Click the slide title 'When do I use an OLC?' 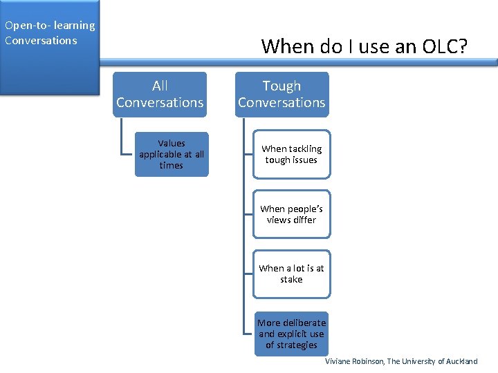click(x=365, y=46)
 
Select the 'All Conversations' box click(x=160, y=94)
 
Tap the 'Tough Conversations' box click(x=282, y=94)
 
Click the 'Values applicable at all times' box click(x=171, y=154)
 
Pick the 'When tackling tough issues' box click(x=291, y=154)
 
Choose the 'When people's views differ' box click(x=291, y=214)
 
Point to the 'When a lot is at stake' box click(x=291, y=274)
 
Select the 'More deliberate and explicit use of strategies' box click(x=291, y=334)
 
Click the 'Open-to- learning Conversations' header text click(x=49, y=32)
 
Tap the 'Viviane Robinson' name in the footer click(x=353, y=361)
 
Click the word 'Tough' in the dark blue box click(x=282, y=86)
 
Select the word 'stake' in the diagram click(x=291, y=280)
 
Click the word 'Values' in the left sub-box click(x=171, y=143)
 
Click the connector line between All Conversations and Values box click(x=122, y=138)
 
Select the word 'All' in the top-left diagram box click(x=160, y=86)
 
